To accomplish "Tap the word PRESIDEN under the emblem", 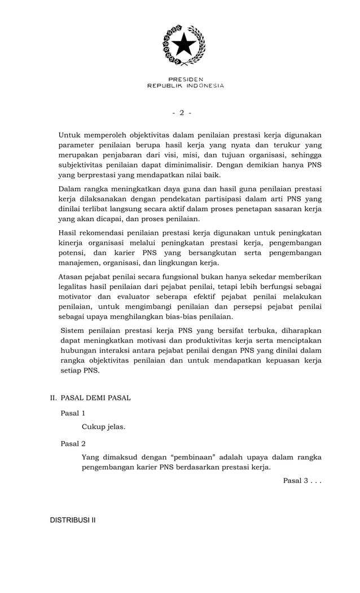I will (185, 79).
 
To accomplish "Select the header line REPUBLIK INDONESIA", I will (185, 86).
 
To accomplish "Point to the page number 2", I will (182, 113).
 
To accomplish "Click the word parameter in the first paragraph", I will (78, 145).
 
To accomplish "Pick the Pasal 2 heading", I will (73, 443).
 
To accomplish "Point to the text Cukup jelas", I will (103, 427).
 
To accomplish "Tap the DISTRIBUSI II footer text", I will (73, 520).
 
